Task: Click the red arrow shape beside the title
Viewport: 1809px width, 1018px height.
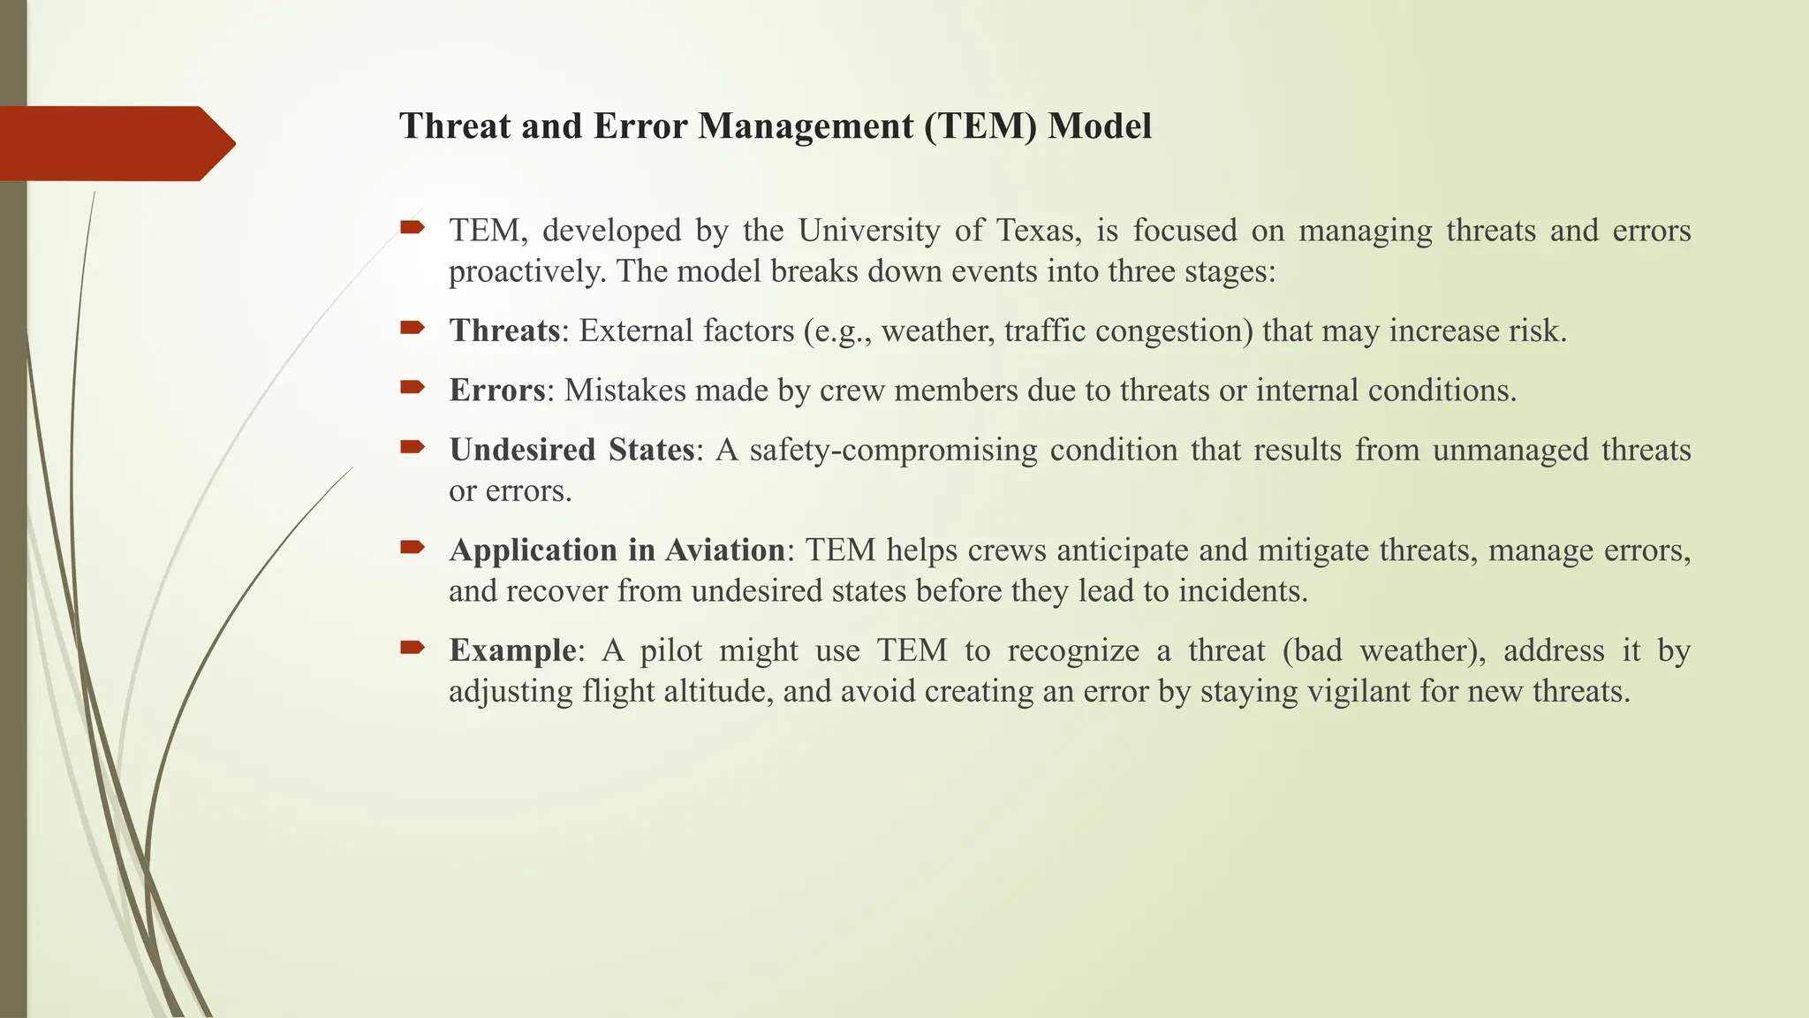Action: pos(115,143)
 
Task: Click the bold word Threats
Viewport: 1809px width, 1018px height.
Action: pos(504,331)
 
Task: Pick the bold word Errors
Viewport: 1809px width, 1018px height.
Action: pos(496,391)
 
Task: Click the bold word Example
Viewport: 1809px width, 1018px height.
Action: pos(512,651)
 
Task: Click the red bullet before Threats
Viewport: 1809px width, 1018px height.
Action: pos(412,329)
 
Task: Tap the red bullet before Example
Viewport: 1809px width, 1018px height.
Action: pos(412,649)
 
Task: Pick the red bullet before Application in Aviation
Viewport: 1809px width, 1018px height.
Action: pos(412,548)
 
